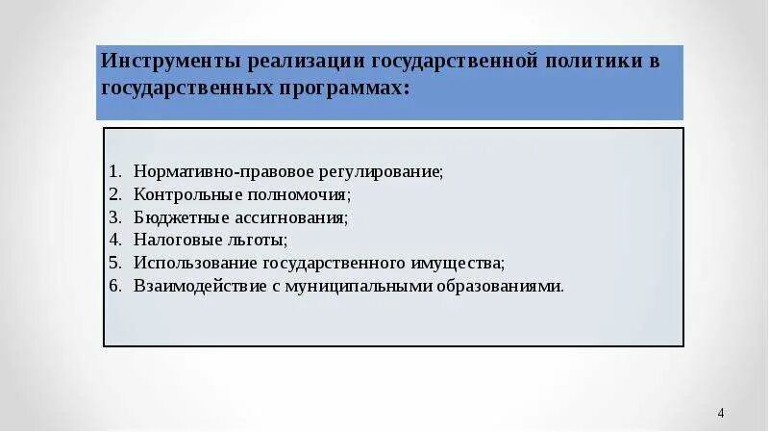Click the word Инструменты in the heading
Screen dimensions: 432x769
tap(170, 62)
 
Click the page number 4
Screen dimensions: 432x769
tap(721, 413)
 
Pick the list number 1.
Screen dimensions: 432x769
tap(113, 171)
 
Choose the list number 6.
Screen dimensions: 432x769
tap(113, 286)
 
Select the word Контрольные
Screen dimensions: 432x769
tap(182, 194)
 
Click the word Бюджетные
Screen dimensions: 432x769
tap(174, 217)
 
